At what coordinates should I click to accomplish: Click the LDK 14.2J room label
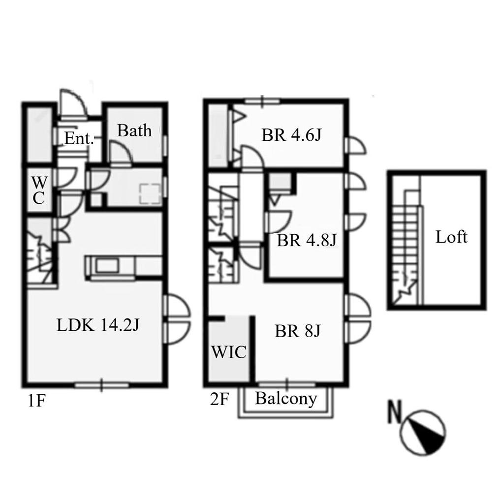(x=98, y=325)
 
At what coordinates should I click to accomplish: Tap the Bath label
(x=134, y=130)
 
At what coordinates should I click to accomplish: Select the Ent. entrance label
(x=79, y=138)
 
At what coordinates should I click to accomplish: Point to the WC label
(x=39, y=190)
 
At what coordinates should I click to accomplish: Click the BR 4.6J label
(x=291, y=135)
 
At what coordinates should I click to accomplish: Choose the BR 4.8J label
(x=306, y=240)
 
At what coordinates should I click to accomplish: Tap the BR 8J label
(x=298, y=331)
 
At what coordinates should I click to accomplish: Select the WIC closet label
(x=229, y=352)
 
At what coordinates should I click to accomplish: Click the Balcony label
(x=286, y=399)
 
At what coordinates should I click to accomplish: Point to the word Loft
(x=451, y=237)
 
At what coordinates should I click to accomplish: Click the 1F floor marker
(x=36, y=401)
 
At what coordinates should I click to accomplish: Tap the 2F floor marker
(x=220, y=399)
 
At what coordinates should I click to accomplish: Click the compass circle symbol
(x=423, y=433)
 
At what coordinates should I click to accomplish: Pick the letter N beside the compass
(x=395, y=411)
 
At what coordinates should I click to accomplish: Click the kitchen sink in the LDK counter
(x=107, y=266)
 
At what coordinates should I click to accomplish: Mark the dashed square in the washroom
(x=150, y=193)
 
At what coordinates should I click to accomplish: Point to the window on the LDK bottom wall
(x=101, y=385)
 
